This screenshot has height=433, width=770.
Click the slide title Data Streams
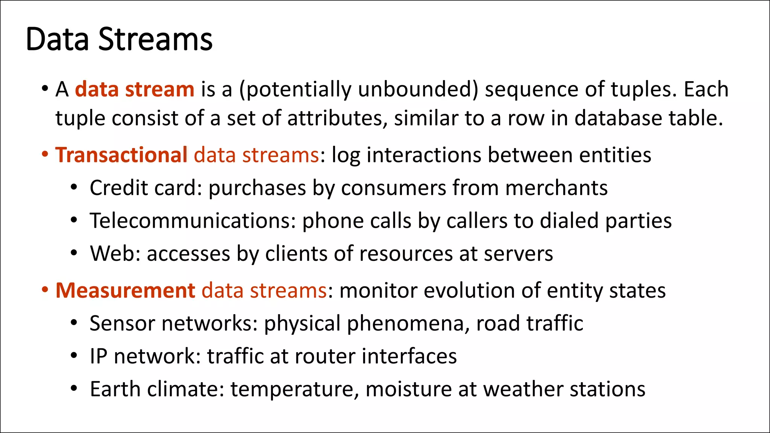(119, 39)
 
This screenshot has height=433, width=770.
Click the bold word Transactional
(121, 155)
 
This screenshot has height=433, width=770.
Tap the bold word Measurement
(125, 291)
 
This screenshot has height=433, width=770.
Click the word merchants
(556, 188)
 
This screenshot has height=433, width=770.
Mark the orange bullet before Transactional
(45, 154)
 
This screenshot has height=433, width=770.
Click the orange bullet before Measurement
(45, 290)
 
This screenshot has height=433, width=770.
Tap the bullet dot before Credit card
(74, 187)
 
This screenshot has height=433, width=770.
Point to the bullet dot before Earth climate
(74, 389)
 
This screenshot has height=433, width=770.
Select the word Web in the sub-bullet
(115, 254)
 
